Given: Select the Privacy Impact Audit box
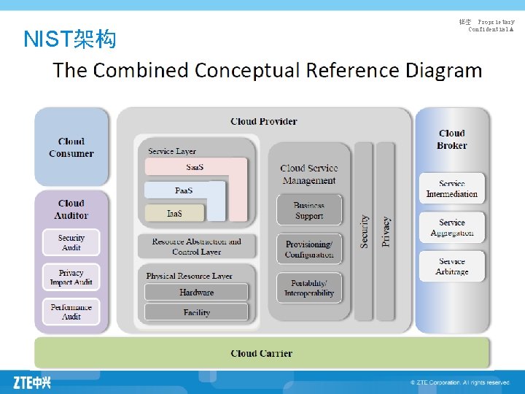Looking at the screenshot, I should coord(71,277).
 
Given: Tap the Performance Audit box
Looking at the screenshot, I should coord(71,312).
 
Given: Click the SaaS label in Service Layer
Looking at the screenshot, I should coord(195,168).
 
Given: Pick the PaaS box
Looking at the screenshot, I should coord(184,190).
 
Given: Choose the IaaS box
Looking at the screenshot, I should coord(174,214).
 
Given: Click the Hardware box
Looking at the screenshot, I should coord(196,292).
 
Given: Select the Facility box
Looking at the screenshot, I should coord(196,312).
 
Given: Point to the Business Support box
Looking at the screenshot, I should coord(309,211).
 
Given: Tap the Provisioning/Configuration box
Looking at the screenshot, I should coord(309,250).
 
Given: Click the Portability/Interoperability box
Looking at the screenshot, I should coord(309,288).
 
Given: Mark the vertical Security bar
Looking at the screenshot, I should coord(363,231).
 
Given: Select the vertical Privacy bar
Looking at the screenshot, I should coord(386,231).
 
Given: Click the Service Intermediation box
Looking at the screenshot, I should coord(452,189).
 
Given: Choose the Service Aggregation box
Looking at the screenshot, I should coord(452,228).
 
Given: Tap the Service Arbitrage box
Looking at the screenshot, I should coord(452,266).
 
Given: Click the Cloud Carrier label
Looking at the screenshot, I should coord(261,353).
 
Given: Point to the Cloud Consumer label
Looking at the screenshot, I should coord(71,147).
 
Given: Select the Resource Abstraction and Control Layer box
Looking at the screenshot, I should coord(196,247).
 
